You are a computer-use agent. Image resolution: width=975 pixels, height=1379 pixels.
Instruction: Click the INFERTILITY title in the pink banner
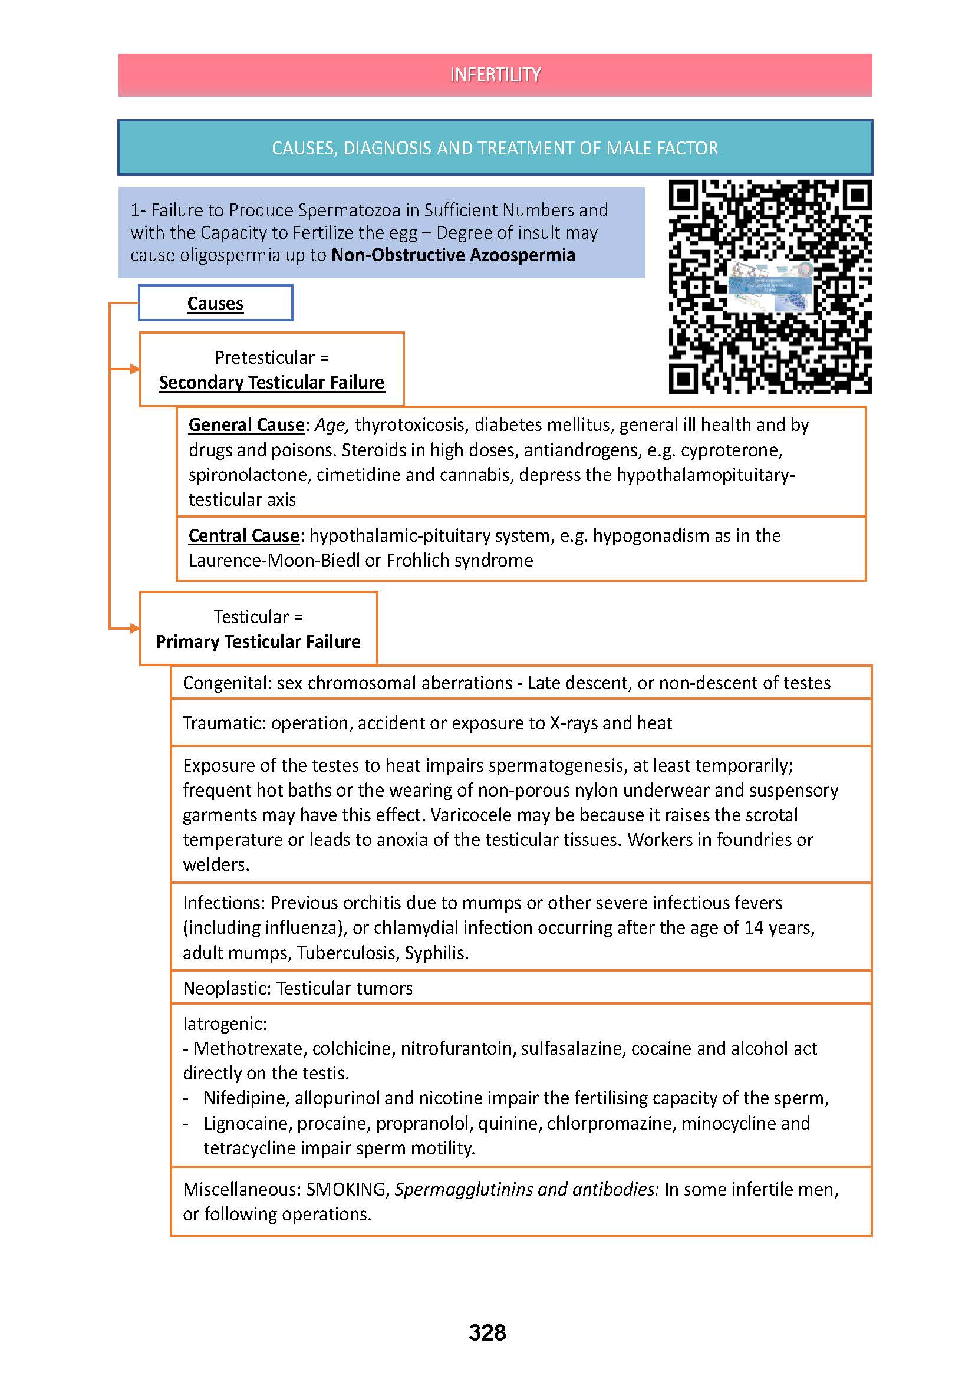point(495,75)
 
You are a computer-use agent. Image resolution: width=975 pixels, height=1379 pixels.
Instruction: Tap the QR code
point(770,287)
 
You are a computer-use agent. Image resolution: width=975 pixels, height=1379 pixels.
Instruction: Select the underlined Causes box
point(215,303)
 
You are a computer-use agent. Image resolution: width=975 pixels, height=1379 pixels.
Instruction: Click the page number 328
point(487,1333)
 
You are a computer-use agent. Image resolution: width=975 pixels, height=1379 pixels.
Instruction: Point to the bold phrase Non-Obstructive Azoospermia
point(453,255)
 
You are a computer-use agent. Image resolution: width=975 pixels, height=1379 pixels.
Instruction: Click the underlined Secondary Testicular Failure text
point(271,383)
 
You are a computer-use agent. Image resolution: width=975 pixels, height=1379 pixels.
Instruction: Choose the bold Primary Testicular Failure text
point(258,642)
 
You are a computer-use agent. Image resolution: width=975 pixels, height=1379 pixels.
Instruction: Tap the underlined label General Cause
point(246,425)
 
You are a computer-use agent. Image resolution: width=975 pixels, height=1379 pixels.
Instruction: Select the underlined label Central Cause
point(244,536)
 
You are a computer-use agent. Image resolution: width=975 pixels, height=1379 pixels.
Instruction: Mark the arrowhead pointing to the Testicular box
point(134,628)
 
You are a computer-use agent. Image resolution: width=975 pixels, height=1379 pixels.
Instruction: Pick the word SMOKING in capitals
point(346,1189)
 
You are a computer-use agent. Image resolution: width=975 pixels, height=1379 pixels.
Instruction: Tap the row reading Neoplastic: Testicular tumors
point(298,989)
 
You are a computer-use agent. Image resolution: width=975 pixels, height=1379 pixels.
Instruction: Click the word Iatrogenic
point(224,1023)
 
